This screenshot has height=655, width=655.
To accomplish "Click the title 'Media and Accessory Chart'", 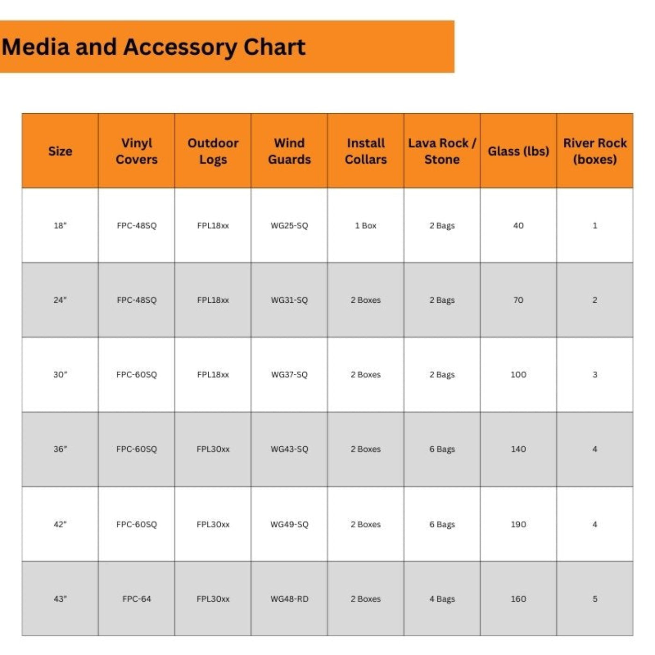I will [x=153, y=47].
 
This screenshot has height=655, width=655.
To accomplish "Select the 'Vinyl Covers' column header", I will [x=137, y=151].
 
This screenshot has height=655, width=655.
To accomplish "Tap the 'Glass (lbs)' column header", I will [x=518, y=151].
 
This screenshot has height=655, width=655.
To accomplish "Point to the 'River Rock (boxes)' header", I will [x=595, y=151].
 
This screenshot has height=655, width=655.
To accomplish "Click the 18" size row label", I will [x=60, y=226].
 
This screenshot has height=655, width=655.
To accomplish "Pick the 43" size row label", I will [x=60, y=599].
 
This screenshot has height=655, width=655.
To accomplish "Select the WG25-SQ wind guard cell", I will [x=289, y=226].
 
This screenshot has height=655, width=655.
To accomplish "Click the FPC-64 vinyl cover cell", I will [x=137, y=599].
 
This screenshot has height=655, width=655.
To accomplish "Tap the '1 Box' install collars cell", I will [x=365, y=226].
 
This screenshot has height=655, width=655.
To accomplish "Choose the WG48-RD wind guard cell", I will [x=289, y=599].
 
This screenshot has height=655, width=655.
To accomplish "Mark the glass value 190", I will [x=518, y=524].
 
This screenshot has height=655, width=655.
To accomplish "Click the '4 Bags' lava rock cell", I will [x=442, y=599].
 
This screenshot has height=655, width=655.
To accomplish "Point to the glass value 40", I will [x=518, y=226].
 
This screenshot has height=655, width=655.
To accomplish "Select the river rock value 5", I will [x=595, y=599].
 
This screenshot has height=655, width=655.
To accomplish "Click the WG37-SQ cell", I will [x=289, y=375].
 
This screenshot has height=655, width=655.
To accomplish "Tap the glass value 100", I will [x=518, y=375].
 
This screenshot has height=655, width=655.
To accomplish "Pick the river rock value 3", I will [x=595, y=375].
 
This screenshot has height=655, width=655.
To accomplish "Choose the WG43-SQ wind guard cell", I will [x=289, y=449].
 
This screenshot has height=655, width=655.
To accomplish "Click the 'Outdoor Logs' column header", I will [x=213, y=151].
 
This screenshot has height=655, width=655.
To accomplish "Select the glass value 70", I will [x=518, y=300].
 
